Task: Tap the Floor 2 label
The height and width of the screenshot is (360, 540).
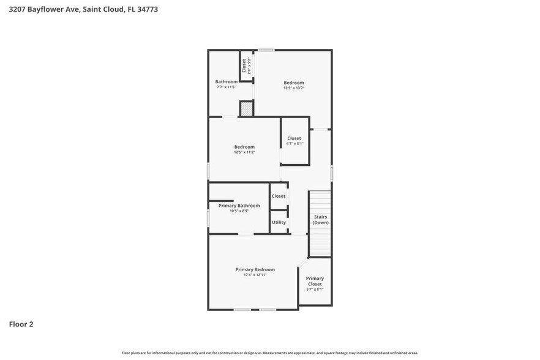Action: [x=21, y=324]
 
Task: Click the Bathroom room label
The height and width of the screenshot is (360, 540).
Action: [x=226, y=82]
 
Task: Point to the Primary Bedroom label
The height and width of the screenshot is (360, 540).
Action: [x=255, y=269]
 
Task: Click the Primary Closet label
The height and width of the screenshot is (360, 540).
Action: [x=315, y=281]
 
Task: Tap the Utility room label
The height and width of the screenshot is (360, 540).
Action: [x=279, y=222]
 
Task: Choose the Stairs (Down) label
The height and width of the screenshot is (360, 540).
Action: [x=320, y=220]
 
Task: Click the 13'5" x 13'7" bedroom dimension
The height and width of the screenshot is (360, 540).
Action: [x=294, y=88]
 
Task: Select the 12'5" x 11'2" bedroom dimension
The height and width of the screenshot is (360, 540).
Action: [x=244, y=152]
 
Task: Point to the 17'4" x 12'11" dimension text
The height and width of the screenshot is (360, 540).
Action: [x=255, y=275]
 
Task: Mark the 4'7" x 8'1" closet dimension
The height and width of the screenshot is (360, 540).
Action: [x=294, y=144]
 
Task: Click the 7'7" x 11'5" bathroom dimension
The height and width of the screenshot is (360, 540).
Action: [x=226, y=87]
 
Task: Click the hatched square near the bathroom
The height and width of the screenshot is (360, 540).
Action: [x=246, y=109]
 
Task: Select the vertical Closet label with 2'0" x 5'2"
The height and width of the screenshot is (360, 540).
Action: [x=244, y=66]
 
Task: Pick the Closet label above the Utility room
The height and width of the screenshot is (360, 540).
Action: [x=279, y=196]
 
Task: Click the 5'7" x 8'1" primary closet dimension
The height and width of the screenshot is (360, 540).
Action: [x=315, y=290]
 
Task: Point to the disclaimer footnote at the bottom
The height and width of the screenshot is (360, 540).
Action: [x=269, y=353]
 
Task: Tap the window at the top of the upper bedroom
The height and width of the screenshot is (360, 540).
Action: [x=266, y=50]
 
